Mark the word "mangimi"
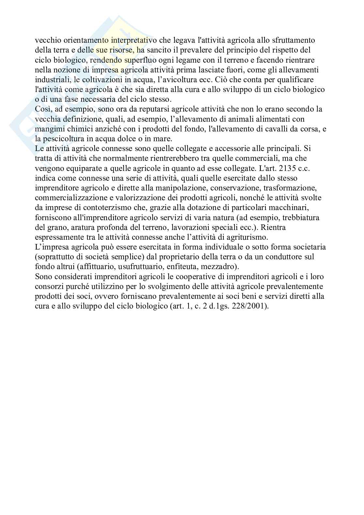coord(48,129)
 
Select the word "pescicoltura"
coord(63,139)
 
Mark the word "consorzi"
coord(48,287)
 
